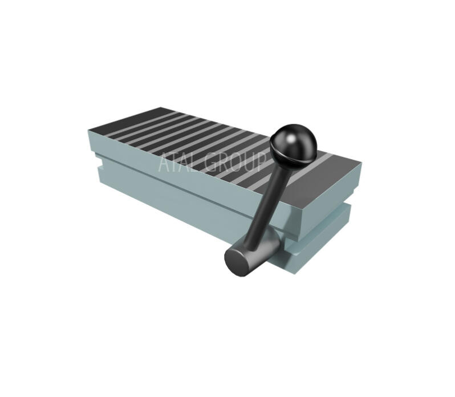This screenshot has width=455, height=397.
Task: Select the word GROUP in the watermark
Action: [234, 161]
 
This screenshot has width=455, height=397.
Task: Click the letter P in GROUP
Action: [261, 161]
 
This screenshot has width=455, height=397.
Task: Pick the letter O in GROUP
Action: [236, 161]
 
